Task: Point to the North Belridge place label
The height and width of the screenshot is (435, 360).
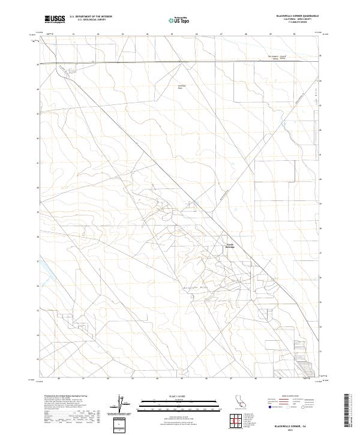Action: coord(230,245)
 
